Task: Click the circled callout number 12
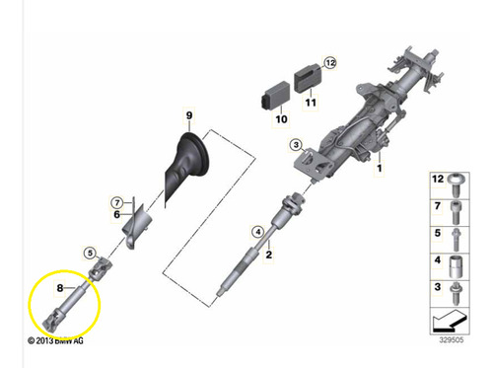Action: click(330, 62)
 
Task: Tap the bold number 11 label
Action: click(311, 103)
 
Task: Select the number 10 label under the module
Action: click(281, 118)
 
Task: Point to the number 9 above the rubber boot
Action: click(189, 115)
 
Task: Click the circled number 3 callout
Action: click(296, 145)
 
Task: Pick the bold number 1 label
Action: click(380, 168)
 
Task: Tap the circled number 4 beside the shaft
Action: click(258, 232)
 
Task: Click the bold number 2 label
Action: click(269, 255)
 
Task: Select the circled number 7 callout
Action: click(117, 203)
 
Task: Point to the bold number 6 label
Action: click(116, 215)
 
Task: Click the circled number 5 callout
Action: click(90, 253)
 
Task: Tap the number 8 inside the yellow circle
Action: click(60, 288)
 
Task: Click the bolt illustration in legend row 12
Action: click(457, 184)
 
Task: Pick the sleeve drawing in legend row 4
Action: click(456, 267)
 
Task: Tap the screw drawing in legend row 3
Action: click(456, 293)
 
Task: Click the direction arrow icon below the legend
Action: click(450, 321)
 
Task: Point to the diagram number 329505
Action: click(452, 339)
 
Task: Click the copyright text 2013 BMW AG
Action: click(55, 340)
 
